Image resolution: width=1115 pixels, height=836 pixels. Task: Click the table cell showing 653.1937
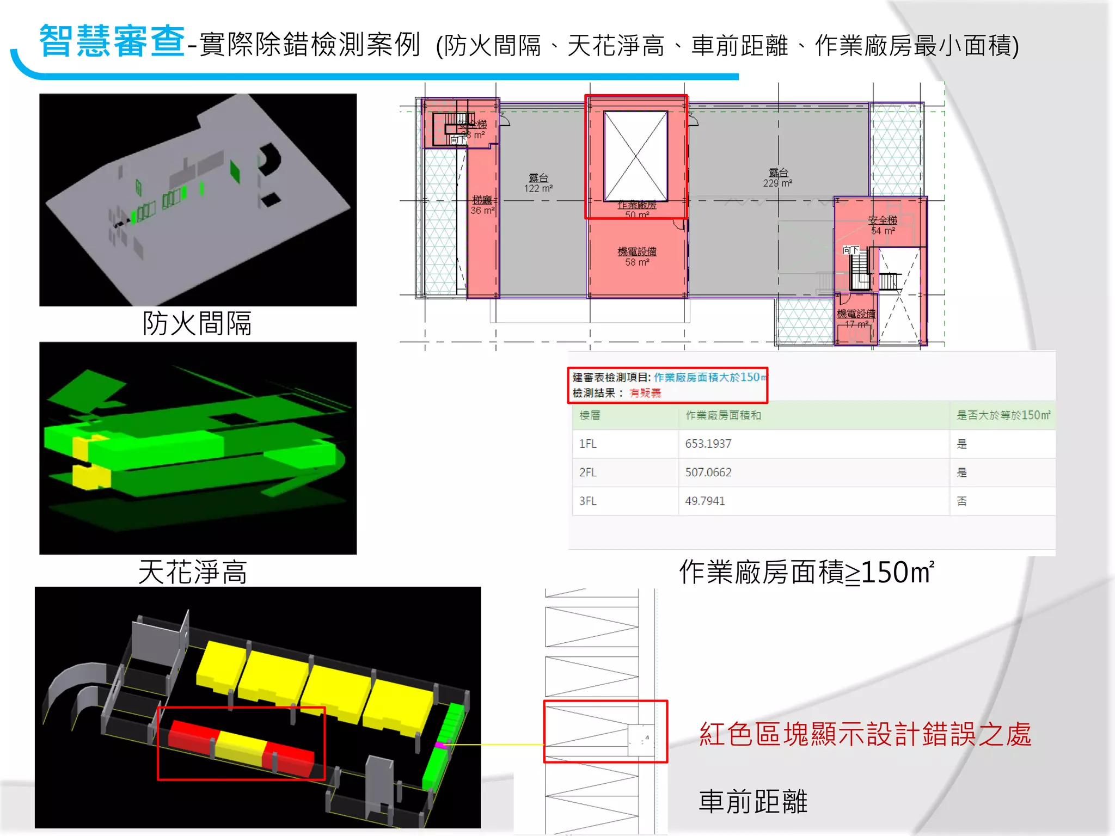pyautogui.click(x=708, y=444)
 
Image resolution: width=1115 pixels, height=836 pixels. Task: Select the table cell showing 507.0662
pyautogui.click(x=708, y=472)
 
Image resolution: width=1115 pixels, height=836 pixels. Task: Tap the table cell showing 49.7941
pyautogui.click(x=704, y=501)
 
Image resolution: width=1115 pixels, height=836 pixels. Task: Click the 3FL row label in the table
pyautogui.click(x=587, y=501)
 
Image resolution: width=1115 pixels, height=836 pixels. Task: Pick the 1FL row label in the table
pyautogui.click(x=587, y=444)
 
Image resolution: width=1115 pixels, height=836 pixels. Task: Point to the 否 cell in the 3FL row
pyautogui.click(x=961, y=501)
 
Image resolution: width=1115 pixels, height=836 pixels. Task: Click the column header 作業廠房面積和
pyautogui.click(x=723, y=415)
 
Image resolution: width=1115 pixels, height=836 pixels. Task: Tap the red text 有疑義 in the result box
pyautogui.click(x=645, y=393)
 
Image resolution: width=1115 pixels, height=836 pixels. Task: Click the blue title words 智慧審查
pyautogui.click(x=112, y=41)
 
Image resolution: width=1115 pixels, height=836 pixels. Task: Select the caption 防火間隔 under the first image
pyautogui.click(x=197, y=323)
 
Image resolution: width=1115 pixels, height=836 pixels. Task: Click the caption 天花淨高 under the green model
pyautogui.click(x=193, y=572)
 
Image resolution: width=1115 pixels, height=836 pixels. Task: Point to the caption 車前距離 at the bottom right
pyautogui.click(x=753, y=802)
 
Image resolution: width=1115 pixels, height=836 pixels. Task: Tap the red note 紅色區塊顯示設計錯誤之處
pyautogui.click(x=865, y=734)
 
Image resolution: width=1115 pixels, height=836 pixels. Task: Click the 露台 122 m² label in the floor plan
pyautogui.click(x=538, y=183)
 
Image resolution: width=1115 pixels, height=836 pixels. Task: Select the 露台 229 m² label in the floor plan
pyautogui.click(x=777, y=178)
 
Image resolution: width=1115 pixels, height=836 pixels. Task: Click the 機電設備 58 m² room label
pyautogui.click(x=637, y=256)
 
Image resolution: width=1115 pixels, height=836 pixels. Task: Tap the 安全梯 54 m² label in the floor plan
pyautogui.click(x=883, y=225)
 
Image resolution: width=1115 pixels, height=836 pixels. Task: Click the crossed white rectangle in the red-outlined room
pyautogui.click(x=636, y=156)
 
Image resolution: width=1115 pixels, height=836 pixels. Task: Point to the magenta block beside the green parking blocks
pyautogui.click(x=440, y=745)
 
